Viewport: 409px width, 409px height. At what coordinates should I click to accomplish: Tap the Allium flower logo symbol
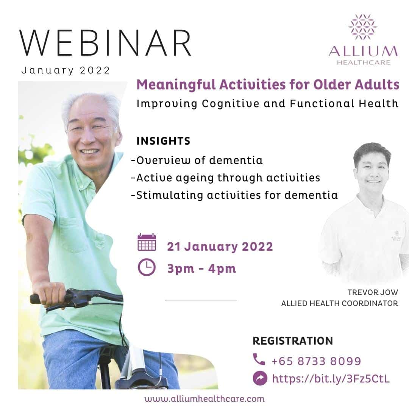coord(362,27)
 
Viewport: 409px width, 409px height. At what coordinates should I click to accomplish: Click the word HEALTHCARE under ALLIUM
coord(363,62)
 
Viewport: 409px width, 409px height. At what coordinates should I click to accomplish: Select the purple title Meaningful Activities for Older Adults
coord(268,85)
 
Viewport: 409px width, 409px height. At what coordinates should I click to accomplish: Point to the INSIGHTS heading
coord(163,141)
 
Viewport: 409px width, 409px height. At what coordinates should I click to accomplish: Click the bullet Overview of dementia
coord(197,160)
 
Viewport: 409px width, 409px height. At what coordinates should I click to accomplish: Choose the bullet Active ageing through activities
coord(225,178)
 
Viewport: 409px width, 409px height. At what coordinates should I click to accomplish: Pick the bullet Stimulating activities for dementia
coord(234,195)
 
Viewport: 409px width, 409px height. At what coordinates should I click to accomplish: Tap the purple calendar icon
coord(147,242)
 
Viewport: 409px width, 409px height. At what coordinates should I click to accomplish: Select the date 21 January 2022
coord(220,247)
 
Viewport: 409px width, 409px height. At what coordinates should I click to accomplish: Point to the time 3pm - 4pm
coord(201,269)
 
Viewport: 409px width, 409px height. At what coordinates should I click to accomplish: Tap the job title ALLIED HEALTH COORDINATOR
coord(339,303)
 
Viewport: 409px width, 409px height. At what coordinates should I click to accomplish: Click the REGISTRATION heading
coord(292,340)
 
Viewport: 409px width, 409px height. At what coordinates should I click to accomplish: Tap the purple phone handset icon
coord(259,360)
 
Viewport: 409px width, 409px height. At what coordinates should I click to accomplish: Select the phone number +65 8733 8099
coord(316,361)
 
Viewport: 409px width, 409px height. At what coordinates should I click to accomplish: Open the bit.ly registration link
coord(331,379)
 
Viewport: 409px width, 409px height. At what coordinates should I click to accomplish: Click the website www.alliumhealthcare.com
coord(204,399)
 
